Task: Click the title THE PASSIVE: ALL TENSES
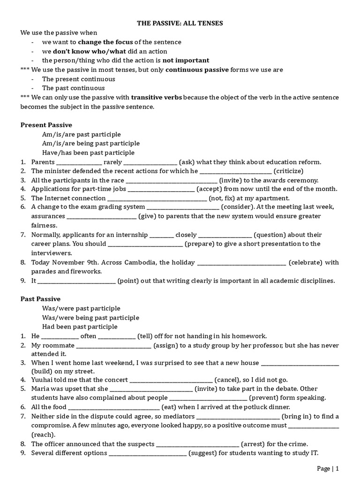pos(180,23)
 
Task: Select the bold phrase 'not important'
pos(186,60)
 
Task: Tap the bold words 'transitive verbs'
pos(157,97)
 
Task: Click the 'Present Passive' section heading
pos(46,125)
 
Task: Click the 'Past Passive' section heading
pos(40,299)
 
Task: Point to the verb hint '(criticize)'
pos(288,171)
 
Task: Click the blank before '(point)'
pos(76,281)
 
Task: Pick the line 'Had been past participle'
pos(80,327)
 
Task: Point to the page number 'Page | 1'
pos(328,468)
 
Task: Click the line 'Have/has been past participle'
pos(88,153)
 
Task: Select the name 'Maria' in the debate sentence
pos(41,389)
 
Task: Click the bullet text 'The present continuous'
pos(78,79)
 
